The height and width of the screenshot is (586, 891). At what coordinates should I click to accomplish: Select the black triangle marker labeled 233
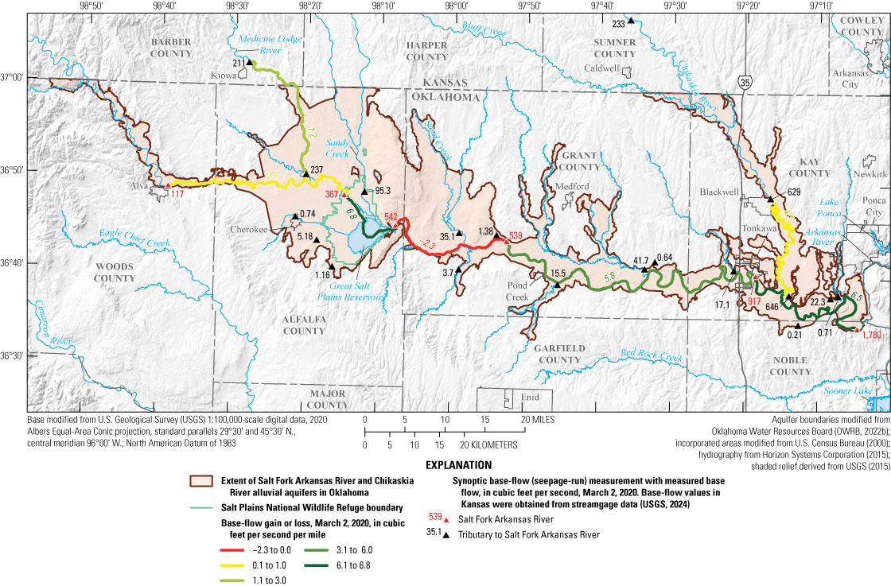pyautogui.click(x=630, y=21)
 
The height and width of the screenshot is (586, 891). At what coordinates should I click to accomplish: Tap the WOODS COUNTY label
pyautogui.click(x=115, y=273)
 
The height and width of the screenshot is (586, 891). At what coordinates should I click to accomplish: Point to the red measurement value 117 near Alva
pyautogui.click(x=177, y=194)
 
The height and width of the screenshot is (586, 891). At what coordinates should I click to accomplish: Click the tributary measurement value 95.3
pyautogui.click(x=383, y=191)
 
